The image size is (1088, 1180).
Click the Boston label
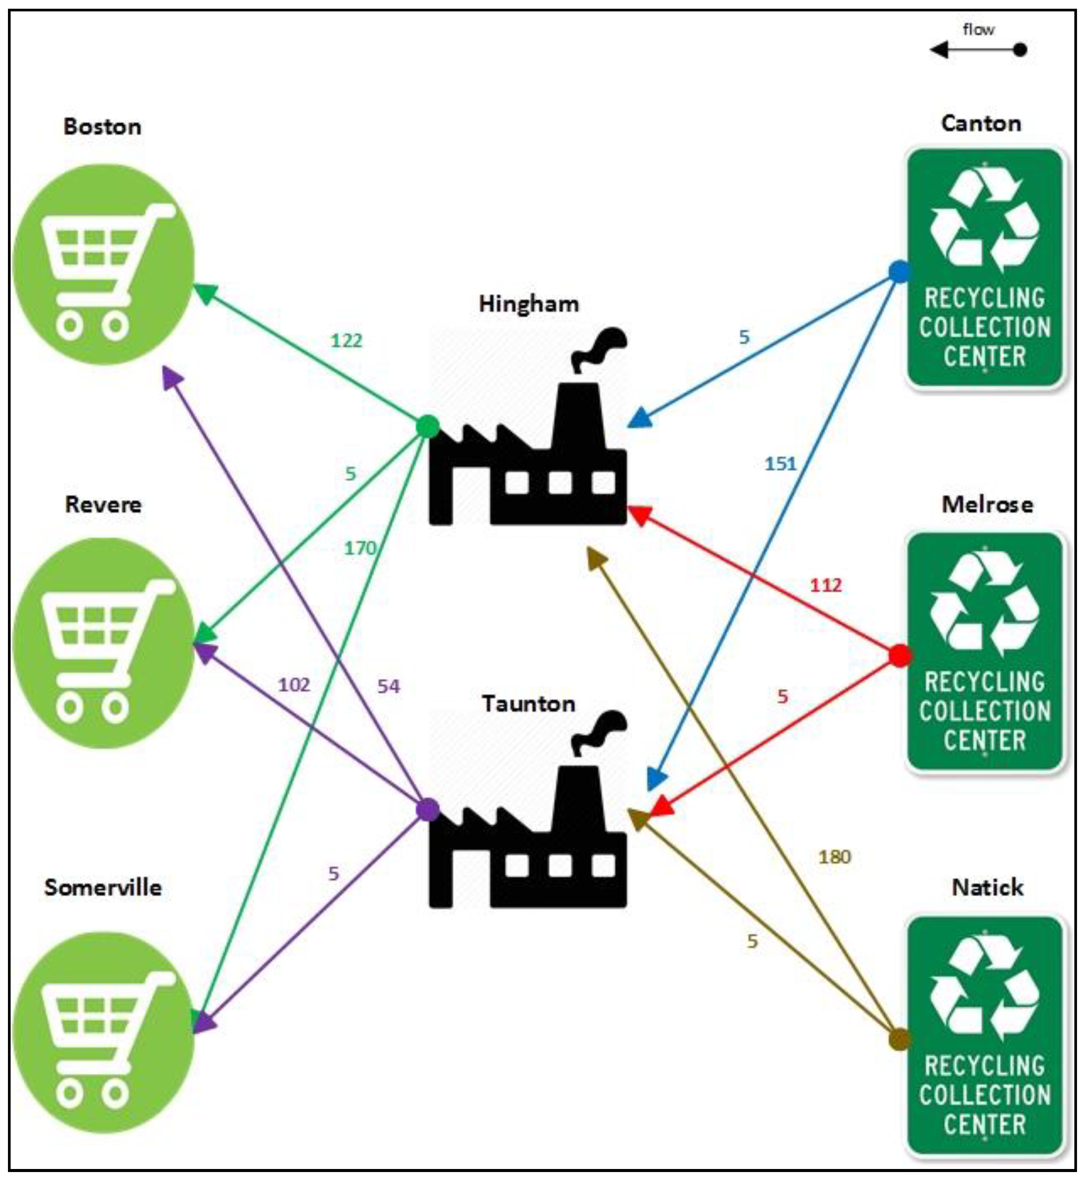(x=102, y=127)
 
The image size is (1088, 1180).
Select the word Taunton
(x=528, y=703)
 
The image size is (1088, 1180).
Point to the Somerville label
(x=103, y=887)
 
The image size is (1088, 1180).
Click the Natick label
(x=987, y=887)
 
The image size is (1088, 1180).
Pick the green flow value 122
(x=346, y=340)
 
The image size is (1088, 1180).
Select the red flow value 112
(x=825, y=585)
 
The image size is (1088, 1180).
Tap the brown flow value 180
(x=834, y=857)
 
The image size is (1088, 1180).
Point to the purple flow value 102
(x=294, y=684)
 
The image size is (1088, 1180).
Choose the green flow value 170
(x=359, y=549)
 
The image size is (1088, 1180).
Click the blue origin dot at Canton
(x=899, y=272)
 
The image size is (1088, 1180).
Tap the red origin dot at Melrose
(x=899, y=656)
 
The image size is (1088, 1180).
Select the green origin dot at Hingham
(x=428, y=426)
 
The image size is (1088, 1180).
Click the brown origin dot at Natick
(x=899, y=1040)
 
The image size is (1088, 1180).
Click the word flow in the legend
(x=978, y=30)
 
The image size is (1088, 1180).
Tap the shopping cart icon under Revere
(x=103, y=643)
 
